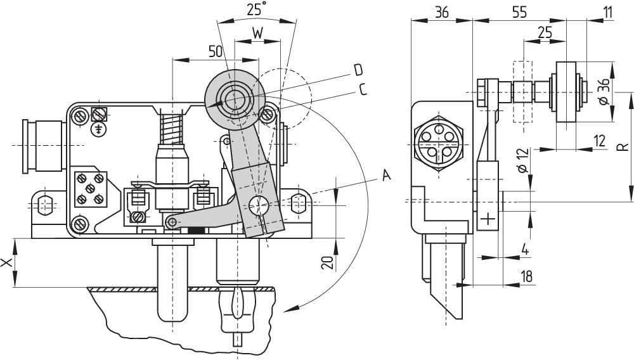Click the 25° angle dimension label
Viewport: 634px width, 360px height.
(256, 9)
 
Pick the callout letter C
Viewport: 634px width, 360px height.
(363, 89)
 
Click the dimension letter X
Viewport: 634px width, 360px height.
(8, 262)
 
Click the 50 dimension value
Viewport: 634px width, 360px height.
(216, 51)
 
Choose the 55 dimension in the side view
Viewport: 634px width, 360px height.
(520, 11)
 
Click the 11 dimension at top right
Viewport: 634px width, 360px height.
(609, 11)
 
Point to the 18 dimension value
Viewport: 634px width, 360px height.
(526, 276)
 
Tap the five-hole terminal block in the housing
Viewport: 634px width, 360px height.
(89, 188)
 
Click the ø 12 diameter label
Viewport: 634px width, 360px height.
(523, 161)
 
